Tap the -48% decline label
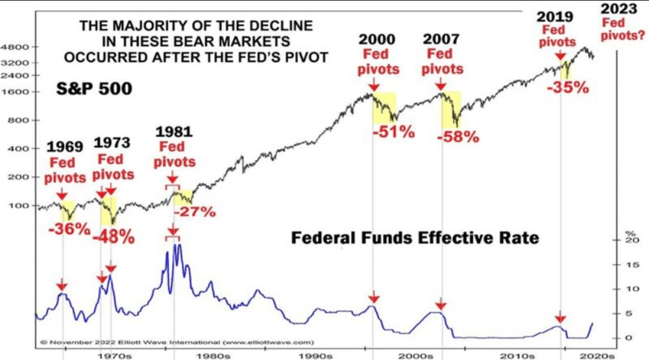pos(114,237)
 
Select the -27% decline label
pos(195,211)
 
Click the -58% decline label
pos(458,137)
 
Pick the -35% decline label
pos(568,87)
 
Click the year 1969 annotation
pos(65,147)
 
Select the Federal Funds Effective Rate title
pos(415,238)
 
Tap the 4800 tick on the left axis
pos(14,47)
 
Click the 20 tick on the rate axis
pos(628,241)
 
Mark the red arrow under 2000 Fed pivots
pos(373,86)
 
